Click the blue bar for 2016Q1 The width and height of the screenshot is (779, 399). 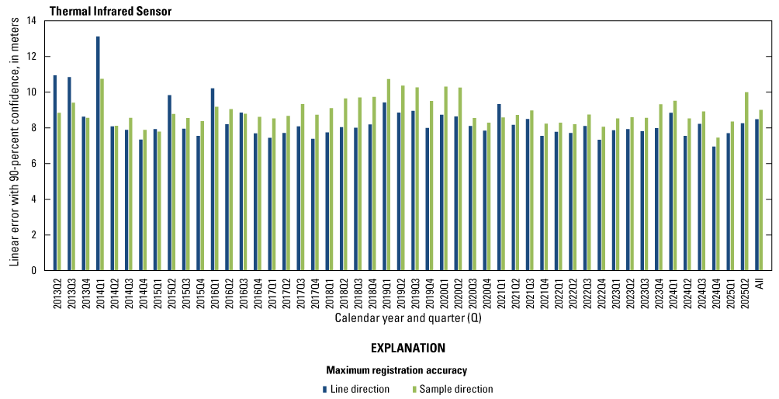point(213,179)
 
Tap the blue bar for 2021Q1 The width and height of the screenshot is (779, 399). point(499,187)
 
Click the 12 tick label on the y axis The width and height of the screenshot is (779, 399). point(31,57)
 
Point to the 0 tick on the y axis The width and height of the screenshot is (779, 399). point(34,271)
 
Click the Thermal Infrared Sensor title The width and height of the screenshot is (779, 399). point(110,12)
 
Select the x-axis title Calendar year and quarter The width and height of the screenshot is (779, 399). point(401,318)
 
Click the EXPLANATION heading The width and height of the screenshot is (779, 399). point(408,348)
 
